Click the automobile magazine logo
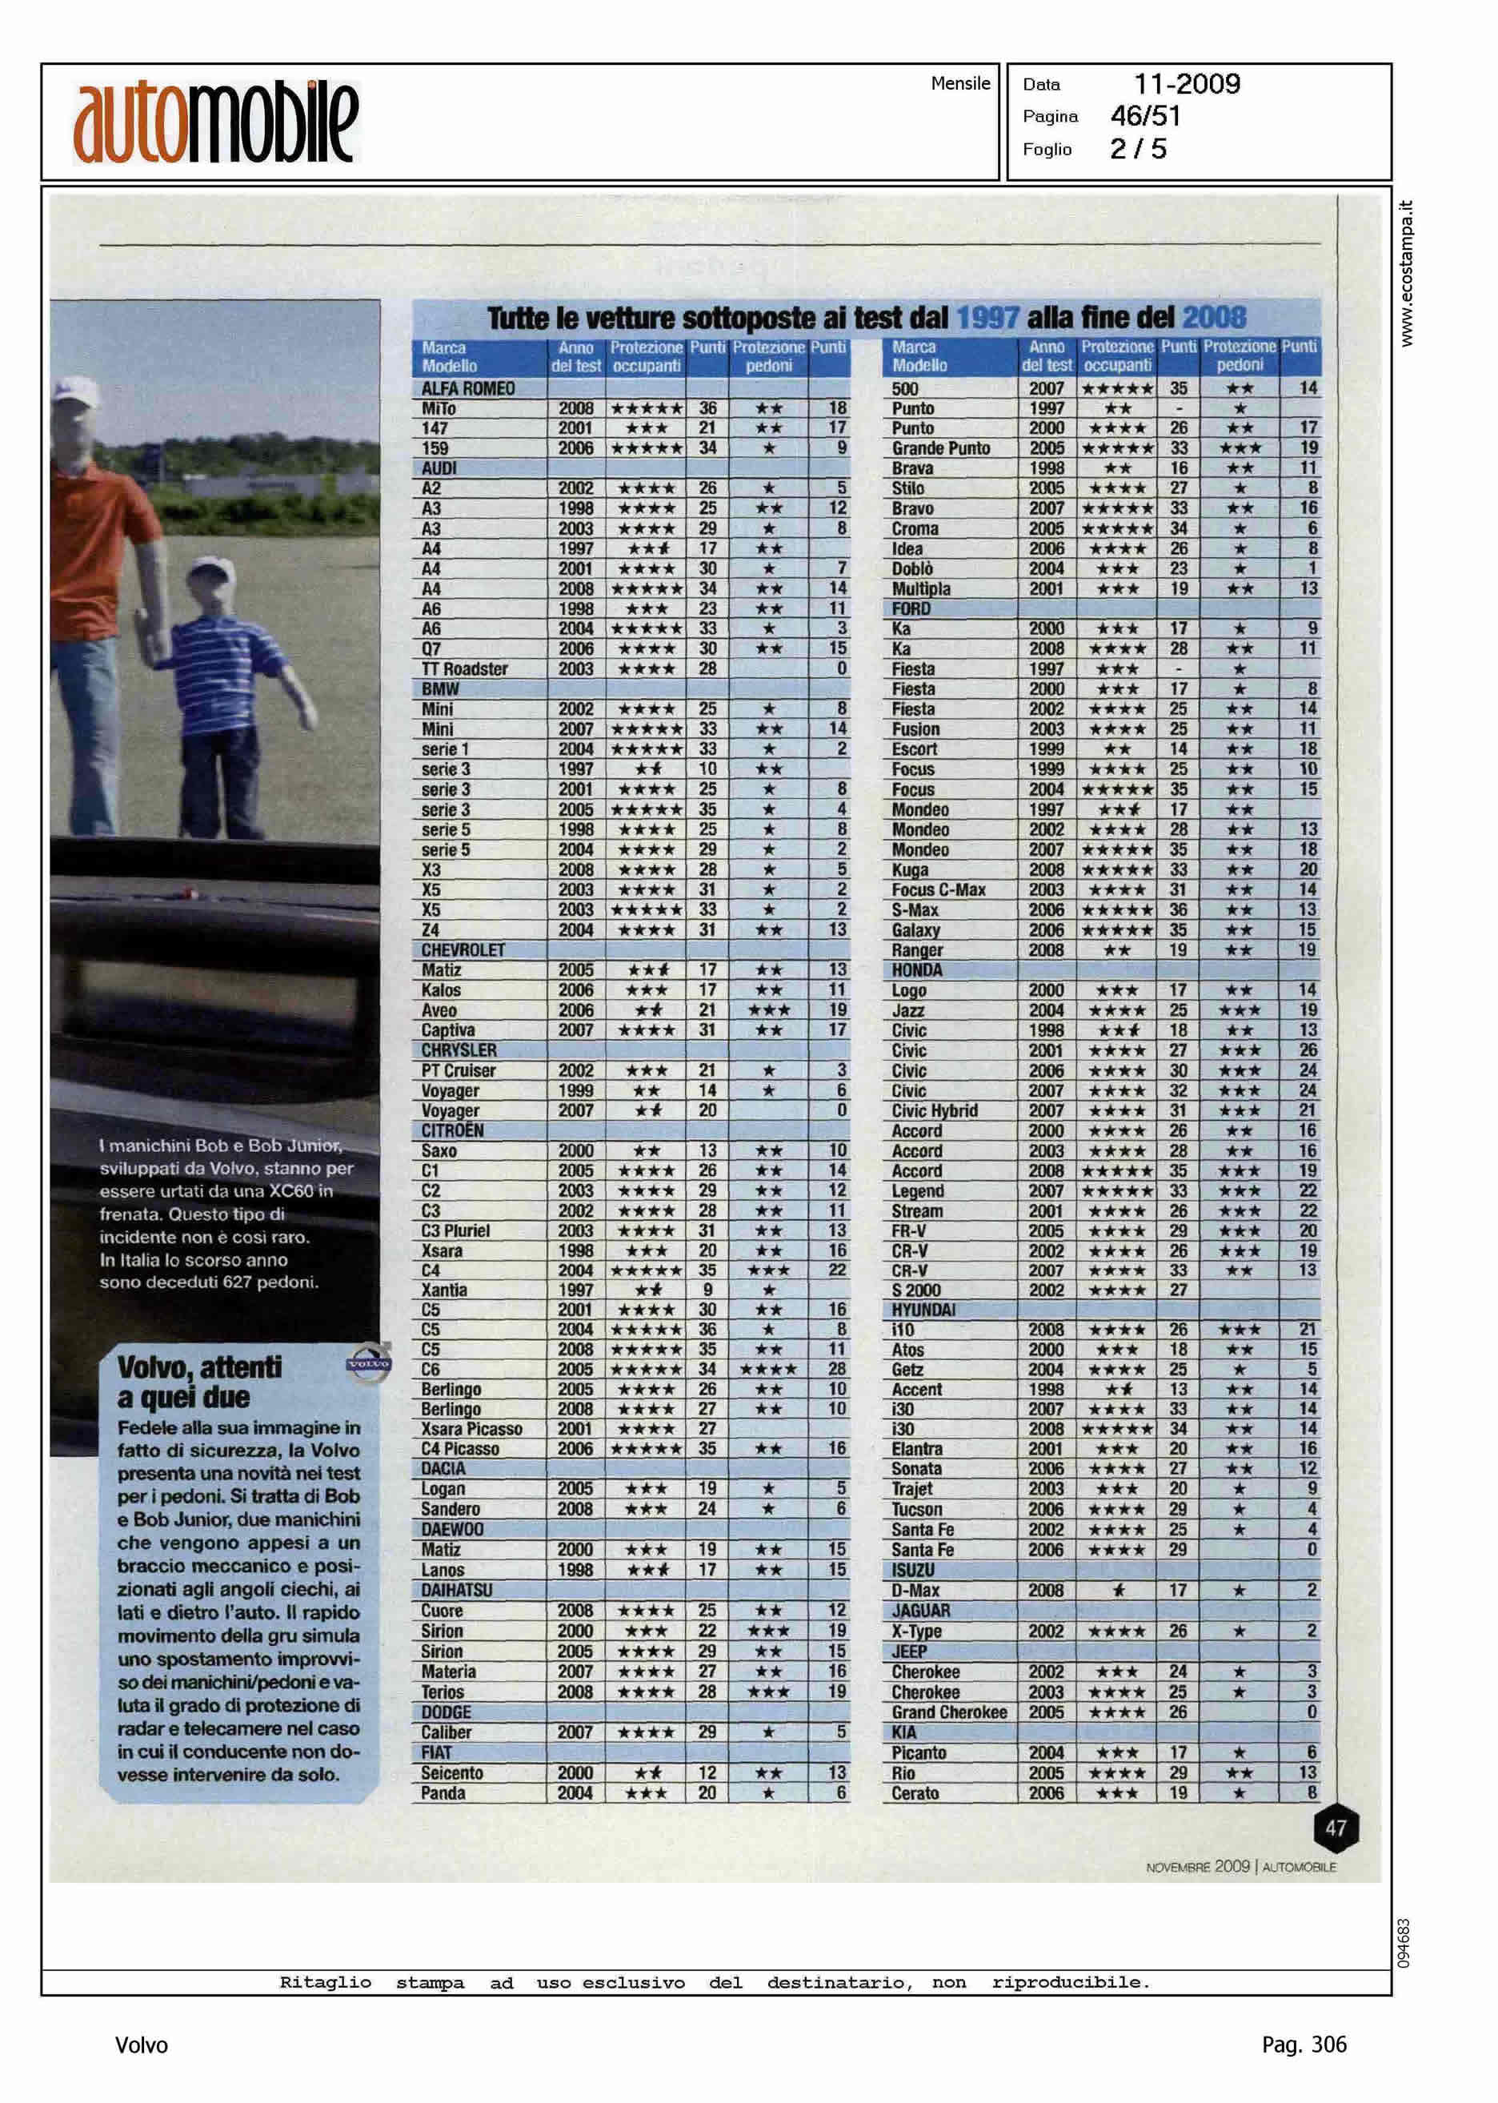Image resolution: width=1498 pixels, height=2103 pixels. (x=216, y=122)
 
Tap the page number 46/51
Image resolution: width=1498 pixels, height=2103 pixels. (x=1146, y=116)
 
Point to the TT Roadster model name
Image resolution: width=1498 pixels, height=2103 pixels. (x=464, y=669)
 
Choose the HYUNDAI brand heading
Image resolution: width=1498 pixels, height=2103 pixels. (x=923, y=1310)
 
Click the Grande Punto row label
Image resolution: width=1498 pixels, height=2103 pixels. (x=940, y=448)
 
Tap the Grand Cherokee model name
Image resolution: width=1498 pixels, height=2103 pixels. (x=949, y=1712)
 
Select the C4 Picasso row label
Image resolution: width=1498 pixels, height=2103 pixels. (x=459, y=1449)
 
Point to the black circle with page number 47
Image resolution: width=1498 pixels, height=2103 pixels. (x=1336, y=1827)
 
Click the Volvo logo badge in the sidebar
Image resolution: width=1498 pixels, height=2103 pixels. (x=368, y=1362)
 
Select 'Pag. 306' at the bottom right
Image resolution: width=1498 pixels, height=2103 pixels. (x=1304, y=2045)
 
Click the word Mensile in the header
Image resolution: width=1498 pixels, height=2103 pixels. (x=960, y=84)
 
